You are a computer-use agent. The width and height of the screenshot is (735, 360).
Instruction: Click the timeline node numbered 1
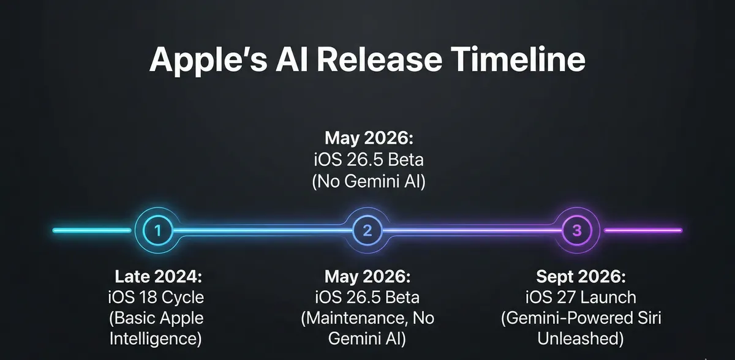[x=158, y=230]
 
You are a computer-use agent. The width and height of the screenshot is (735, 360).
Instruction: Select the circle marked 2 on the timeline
[x=367, y=230]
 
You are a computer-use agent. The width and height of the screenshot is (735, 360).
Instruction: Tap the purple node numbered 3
[x=577, y=230]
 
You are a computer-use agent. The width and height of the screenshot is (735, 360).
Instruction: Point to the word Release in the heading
[x=379, y=59]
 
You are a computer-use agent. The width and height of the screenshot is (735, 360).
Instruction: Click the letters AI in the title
[x=292, y=59]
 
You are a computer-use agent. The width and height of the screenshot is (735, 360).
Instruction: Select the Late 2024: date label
[x=159, y=276]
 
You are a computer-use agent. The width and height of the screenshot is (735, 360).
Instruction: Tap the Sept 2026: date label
[x=581, y=277]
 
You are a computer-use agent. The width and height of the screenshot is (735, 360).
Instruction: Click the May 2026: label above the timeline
[x=369, y=138]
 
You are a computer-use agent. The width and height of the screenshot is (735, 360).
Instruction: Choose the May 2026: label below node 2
[x=367, y=277]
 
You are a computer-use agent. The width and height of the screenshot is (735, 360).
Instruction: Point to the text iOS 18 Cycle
[x=156, y=298]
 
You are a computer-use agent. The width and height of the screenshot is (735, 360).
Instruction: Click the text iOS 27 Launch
[x=581, y=298]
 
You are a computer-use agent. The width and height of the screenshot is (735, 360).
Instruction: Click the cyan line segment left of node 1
[x=92, y=230]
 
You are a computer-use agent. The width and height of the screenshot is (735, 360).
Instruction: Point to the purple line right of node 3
[x=643, y=230]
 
